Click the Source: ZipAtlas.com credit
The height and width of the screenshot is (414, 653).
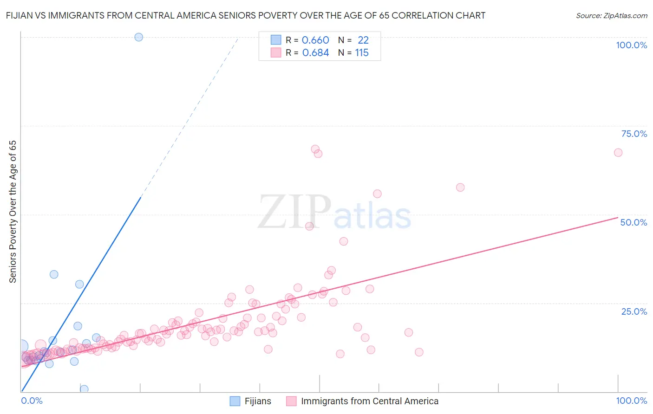(611, 15)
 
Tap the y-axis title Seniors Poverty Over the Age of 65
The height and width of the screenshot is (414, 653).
(13, 211)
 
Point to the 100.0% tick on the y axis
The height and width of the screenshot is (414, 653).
(631, 45)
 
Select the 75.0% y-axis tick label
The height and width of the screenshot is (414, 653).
(634, 134)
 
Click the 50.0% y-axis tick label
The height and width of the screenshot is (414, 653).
(633, 222)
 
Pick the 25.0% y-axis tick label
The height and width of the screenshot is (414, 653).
(634, 311)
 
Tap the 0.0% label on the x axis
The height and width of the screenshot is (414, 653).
(32, 401)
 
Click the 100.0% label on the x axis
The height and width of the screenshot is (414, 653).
(631, 401)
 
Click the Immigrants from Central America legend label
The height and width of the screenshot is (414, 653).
(369, 401)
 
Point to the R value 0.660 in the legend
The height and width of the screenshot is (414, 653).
(315, 40)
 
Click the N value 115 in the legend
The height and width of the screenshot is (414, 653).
(362, 53)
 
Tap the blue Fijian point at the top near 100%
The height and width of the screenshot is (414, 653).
(138, 37)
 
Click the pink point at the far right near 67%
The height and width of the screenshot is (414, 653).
(618, 153)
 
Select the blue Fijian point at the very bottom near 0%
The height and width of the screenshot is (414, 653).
(84, 389)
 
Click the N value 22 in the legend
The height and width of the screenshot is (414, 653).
(363, 40)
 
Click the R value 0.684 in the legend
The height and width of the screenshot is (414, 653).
(315, 53)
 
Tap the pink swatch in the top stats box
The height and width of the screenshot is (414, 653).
(276, 52)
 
